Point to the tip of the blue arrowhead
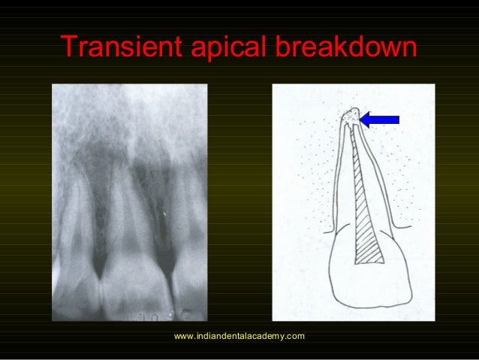point(360,119)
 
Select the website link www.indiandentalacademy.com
point(239,335)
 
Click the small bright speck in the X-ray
point(164,216)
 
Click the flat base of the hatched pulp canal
point(369,262)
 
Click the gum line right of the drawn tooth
point(406,224)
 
